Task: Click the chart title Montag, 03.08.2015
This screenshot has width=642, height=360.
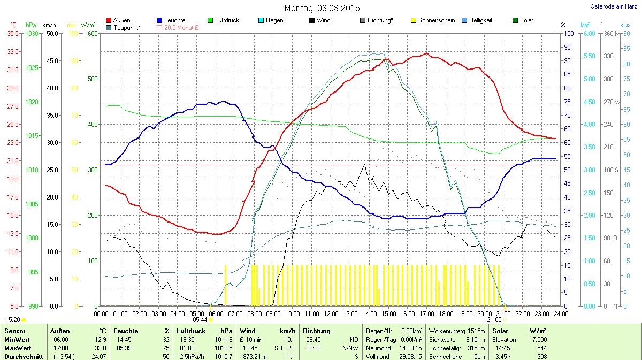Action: coord(322,9)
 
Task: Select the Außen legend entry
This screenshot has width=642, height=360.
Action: coord(122,20)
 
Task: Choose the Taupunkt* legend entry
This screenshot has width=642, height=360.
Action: coord(127,27)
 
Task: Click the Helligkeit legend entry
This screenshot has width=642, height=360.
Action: coord(480,20)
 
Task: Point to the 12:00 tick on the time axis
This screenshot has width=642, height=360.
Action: coord(331,313)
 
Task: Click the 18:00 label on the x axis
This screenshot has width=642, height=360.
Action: coord(446,313)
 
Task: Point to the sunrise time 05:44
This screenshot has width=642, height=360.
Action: coord(200,320)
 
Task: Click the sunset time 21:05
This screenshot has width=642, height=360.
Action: coord(494,320)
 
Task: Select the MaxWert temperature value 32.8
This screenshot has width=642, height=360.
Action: coord(100,348)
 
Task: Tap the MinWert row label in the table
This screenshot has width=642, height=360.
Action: coord(16,340)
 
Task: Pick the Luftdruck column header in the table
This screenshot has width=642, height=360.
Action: coord(190,331)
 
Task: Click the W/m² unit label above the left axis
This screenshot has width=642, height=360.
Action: coord(88,25)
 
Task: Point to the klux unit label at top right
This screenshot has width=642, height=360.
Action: coord(625,25)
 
